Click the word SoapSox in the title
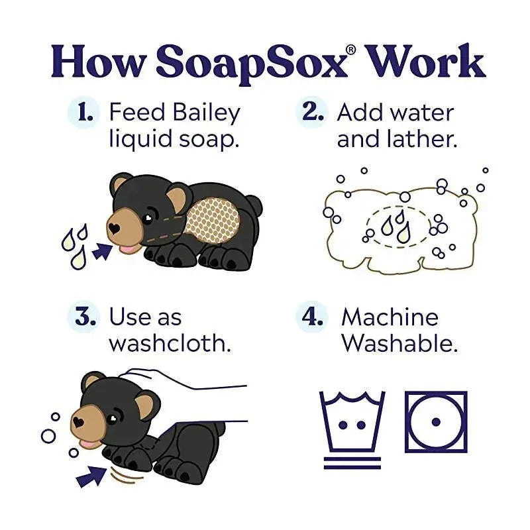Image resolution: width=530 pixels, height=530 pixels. (251, 63)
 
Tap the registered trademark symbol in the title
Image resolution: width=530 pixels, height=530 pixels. (352, 50)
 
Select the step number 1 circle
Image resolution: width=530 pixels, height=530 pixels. (84, 113)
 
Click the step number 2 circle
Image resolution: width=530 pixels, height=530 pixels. (311, 113)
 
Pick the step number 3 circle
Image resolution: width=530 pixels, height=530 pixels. (84, 318)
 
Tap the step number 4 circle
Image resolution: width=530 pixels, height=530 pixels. (311, 318)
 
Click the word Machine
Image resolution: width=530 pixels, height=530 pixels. (390, 317)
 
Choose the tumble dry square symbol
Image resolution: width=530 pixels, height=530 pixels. (436, 422)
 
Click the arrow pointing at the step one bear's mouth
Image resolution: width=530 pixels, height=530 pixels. (102, 251)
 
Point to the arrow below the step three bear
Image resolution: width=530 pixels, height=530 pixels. (91, 475)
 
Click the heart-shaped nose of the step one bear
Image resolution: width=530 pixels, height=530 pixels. (114, 229)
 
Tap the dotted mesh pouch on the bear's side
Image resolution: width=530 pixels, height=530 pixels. (212, 221)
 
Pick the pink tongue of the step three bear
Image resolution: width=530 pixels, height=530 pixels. (86, 443)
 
